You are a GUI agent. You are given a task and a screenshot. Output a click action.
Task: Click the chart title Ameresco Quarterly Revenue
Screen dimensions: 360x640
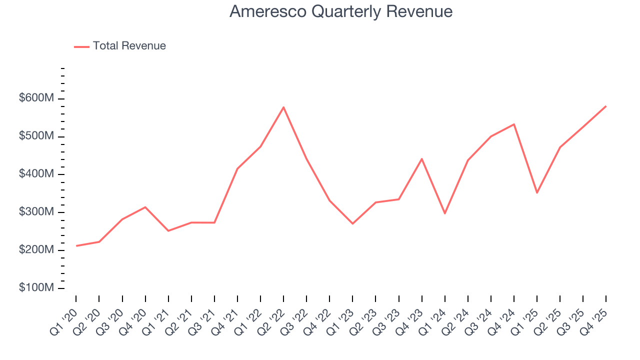(x=341, y=11)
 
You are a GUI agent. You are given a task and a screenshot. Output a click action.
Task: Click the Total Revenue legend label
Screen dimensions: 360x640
(x=129, y=46)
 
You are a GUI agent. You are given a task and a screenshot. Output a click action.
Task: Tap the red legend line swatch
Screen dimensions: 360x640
(x=81, y=46)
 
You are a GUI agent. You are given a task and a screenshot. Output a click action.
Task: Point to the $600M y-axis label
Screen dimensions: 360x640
(x=36, y=98)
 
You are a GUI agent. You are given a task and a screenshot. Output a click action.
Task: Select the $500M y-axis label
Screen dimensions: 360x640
(x=36, y=136)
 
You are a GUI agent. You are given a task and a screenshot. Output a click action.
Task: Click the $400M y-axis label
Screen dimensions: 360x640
(x=36, y=174)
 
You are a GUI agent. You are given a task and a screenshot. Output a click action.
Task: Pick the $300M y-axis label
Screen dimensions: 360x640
(x=36, y=212)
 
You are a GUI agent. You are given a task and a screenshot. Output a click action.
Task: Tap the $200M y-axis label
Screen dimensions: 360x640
(x=36, y=250)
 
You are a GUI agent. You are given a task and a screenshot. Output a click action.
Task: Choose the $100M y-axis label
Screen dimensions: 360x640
(x=36, y=288)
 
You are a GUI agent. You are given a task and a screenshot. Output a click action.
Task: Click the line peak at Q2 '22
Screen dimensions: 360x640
(x=283, y=107)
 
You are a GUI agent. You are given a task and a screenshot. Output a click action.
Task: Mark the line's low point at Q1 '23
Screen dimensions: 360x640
(x=352, y=223)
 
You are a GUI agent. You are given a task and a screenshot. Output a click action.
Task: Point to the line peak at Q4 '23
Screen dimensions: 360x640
(x=421, y=159)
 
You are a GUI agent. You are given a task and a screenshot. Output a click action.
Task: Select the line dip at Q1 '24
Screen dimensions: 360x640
(x=444, y=213)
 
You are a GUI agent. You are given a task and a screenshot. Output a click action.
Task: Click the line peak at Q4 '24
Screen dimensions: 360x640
(x=514, y=124)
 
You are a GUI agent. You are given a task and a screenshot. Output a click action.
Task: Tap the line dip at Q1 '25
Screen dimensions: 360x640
(x=537, y=192)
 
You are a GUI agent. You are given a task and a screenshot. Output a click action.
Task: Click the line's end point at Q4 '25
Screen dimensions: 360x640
(x=606, y=106)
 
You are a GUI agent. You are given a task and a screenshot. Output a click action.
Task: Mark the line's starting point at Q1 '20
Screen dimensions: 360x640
(x=76, y=246)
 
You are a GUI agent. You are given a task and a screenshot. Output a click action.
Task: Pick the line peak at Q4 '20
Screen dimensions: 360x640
(x=145, y=207)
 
